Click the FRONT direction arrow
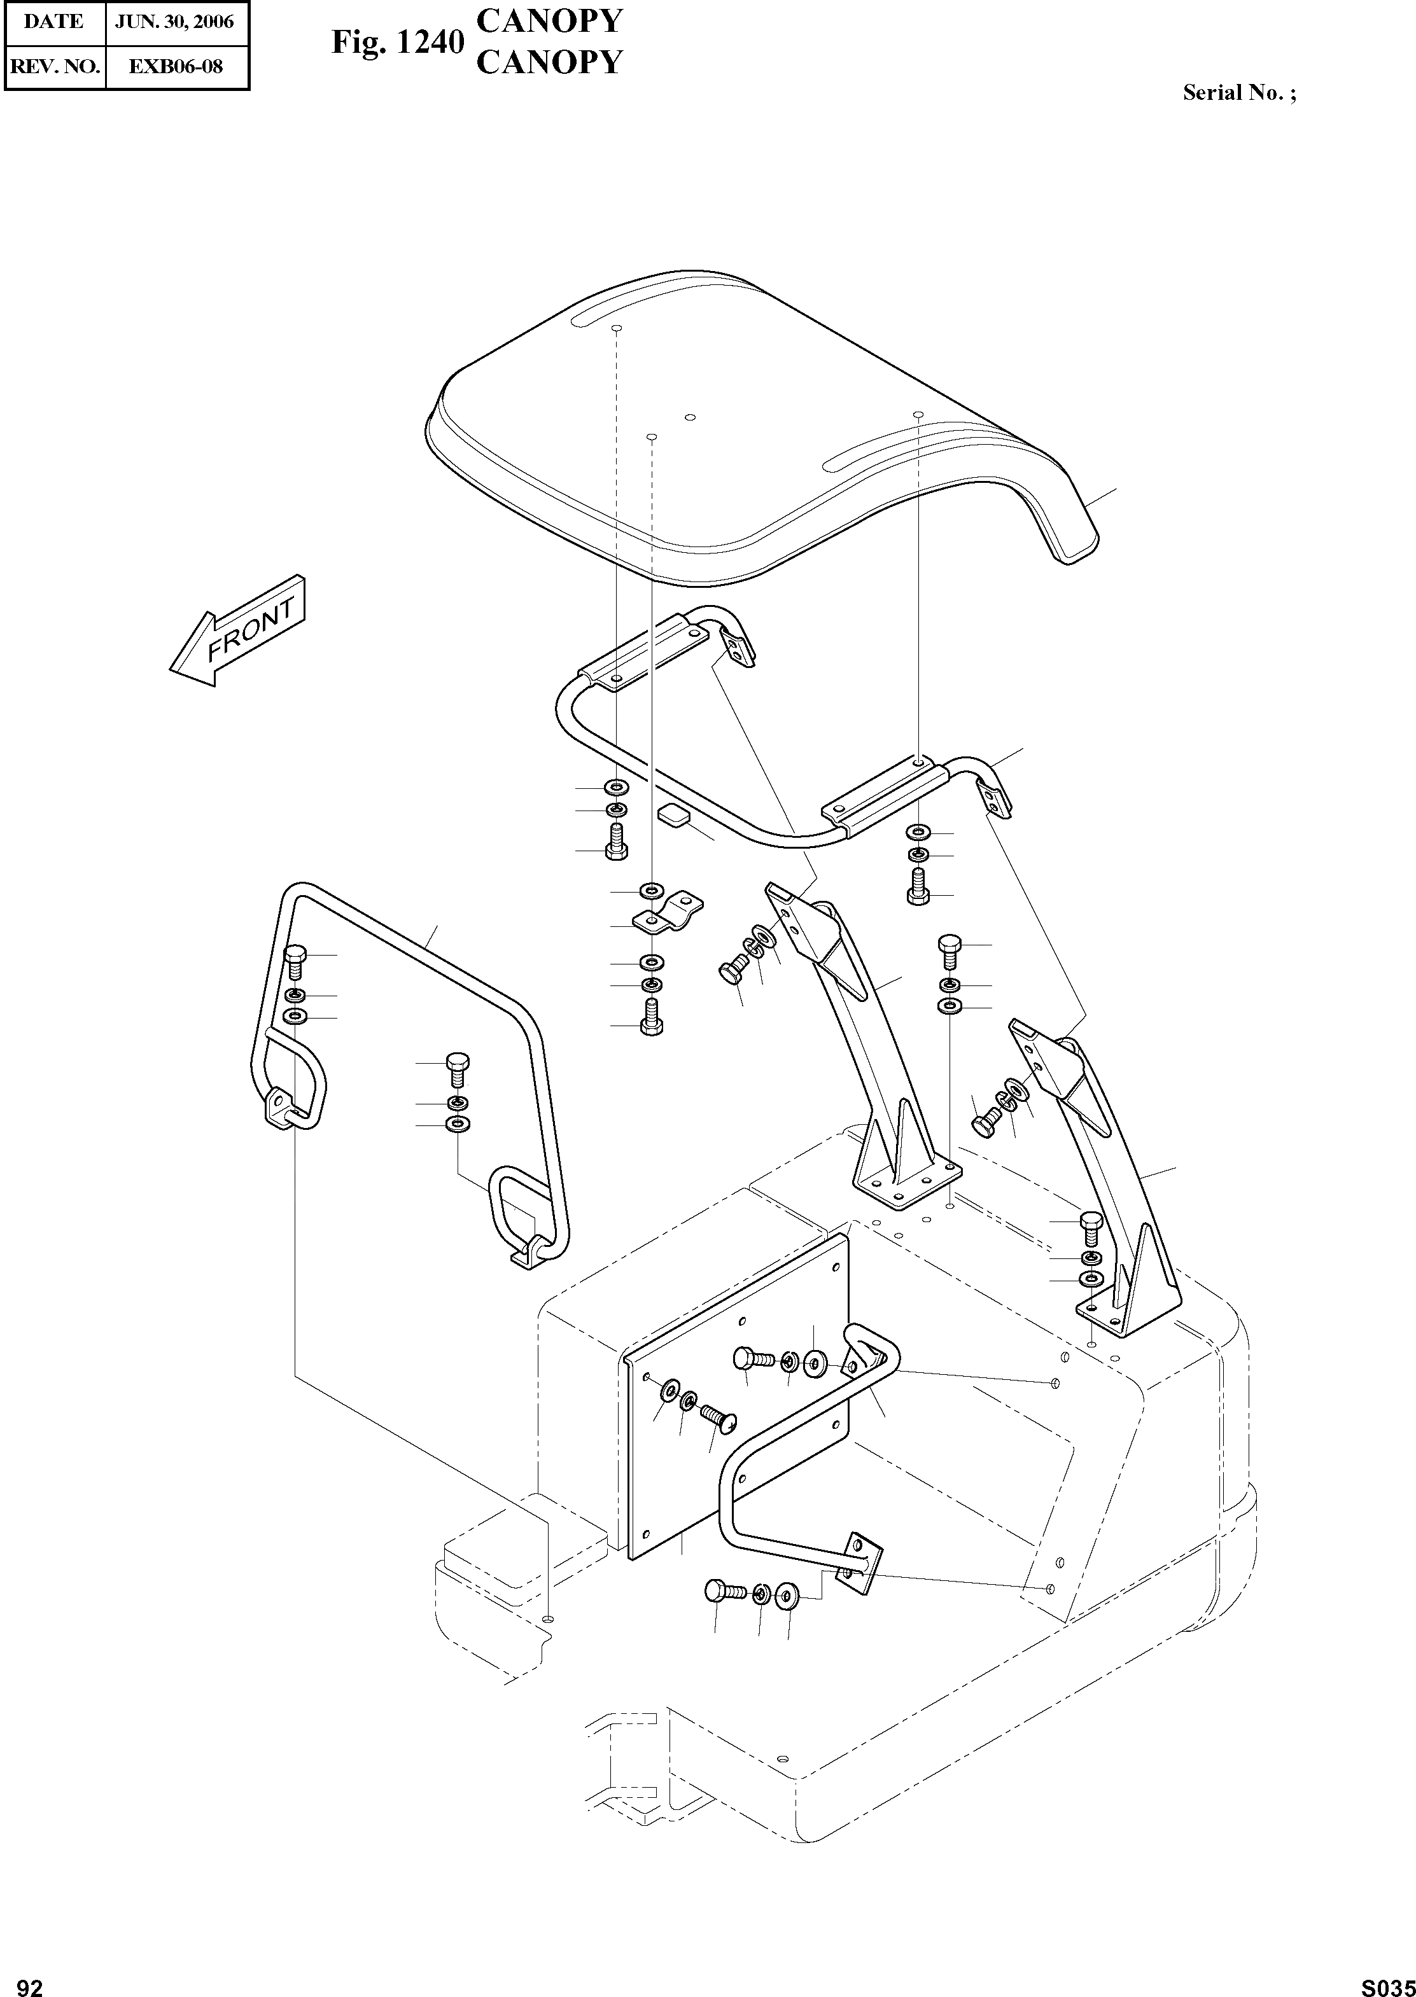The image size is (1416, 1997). click(237, 631)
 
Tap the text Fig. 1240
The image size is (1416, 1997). click(396, 42)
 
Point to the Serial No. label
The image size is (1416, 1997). click(1238, 92)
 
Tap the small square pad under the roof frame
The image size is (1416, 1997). click(672, 816)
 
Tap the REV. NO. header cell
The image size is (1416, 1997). click(54, 66)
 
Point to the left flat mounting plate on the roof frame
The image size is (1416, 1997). click(645, 655)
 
